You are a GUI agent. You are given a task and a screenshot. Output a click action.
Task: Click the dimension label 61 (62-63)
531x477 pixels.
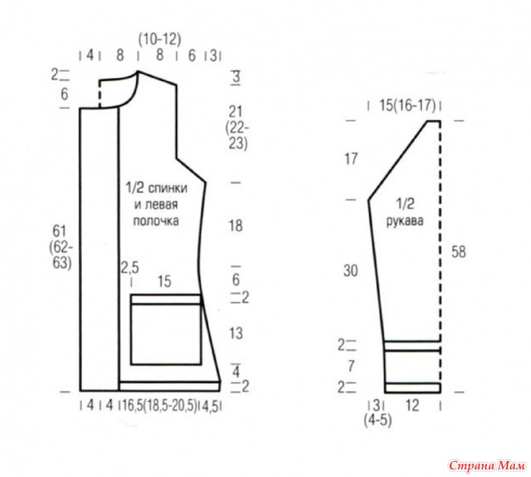[x=61, y=247]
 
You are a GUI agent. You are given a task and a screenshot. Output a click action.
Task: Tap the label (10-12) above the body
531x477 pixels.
[x=160, y=39]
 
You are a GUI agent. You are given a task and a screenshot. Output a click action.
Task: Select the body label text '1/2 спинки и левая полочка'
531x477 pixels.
[x=156, y=204]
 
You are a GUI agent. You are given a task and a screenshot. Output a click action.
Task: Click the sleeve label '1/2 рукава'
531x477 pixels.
[x=405, y=212]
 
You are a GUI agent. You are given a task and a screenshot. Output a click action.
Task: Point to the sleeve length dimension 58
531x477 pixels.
[x=459, y=252]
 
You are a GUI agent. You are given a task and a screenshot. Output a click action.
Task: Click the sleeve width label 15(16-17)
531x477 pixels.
[x=407, y=106]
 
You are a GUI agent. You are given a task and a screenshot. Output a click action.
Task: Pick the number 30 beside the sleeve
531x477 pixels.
[x=350, y=270]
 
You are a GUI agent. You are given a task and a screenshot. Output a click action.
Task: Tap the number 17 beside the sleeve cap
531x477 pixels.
[x=351, y=159]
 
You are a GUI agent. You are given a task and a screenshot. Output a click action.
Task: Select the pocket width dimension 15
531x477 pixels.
[x=164, y=282]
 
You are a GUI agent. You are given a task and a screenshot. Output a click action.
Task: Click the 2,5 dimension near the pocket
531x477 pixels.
[x=130, y=268]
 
